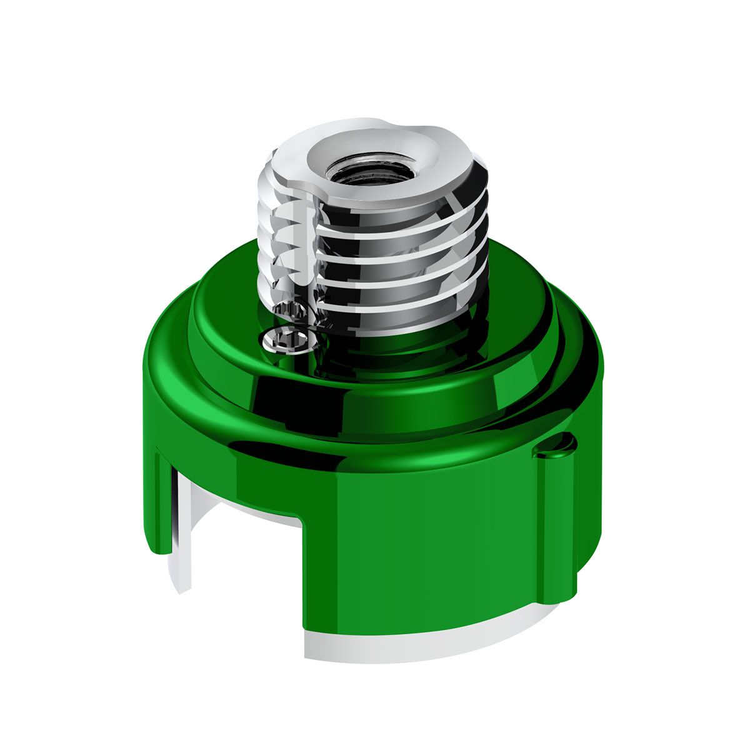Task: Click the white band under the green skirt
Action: (406, 644)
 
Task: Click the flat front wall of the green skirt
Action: (425, 550)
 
